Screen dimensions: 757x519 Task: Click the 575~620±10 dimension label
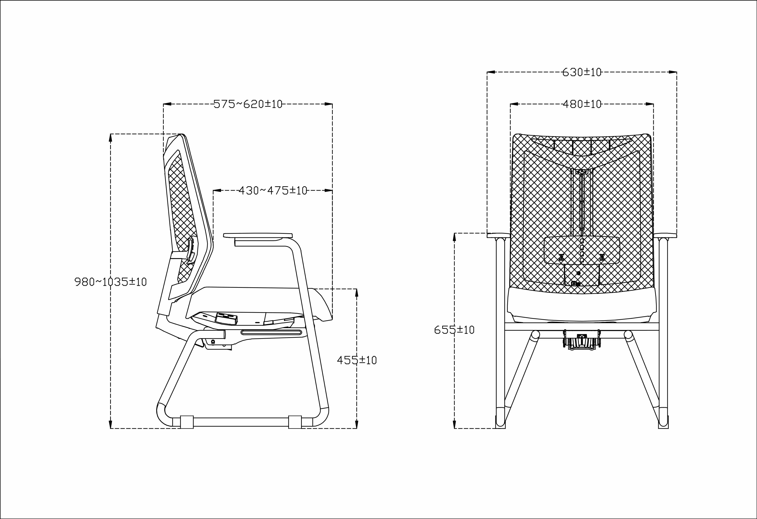tap(248, 104)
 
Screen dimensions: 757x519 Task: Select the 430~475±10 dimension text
tap(273, 190)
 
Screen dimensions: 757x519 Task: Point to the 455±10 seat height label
tap(357, 360)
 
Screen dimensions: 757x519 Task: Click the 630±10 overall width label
tap(582, 72)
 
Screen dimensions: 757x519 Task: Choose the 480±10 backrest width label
tap(582, 104)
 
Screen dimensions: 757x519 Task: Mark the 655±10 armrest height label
tap(454, 330)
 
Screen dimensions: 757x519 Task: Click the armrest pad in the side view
tap(258, 235)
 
